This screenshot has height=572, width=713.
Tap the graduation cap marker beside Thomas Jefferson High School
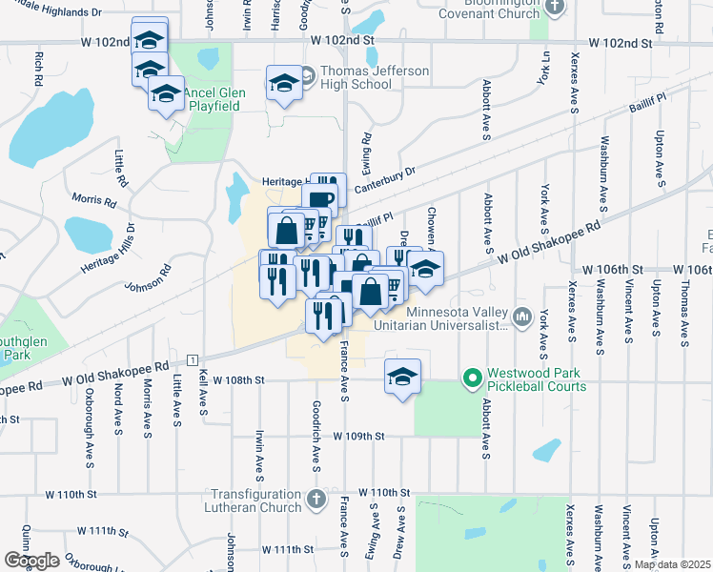point(284,84)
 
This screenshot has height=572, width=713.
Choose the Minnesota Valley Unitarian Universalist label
point(455,318)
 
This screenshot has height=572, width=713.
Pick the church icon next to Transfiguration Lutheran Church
point(316,499)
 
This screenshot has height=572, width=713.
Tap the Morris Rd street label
point(93,202)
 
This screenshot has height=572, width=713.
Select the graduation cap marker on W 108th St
point(402,376)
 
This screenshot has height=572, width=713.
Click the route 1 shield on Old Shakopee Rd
point(192,359)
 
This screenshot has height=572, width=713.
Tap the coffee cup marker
point(319,199)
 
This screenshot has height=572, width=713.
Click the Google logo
point(31,561)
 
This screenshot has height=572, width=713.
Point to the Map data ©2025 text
point(671,564)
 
